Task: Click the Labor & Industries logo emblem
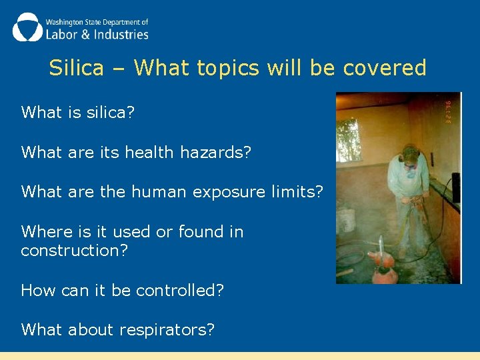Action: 27,27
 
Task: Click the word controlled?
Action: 180,290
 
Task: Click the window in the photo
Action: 349,140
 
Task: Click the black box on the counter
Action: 456,187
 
